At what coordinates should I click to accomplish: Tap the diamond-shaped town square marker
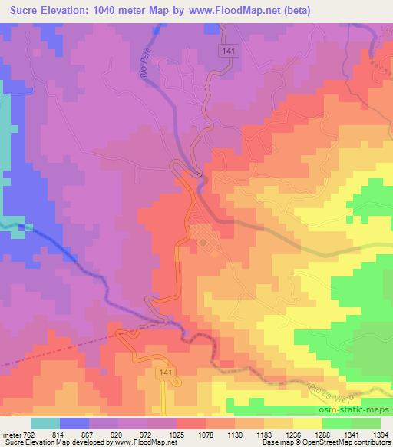tap(202, 243)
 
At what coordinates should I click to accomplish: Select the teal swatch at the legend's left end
tap(45, 423)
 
